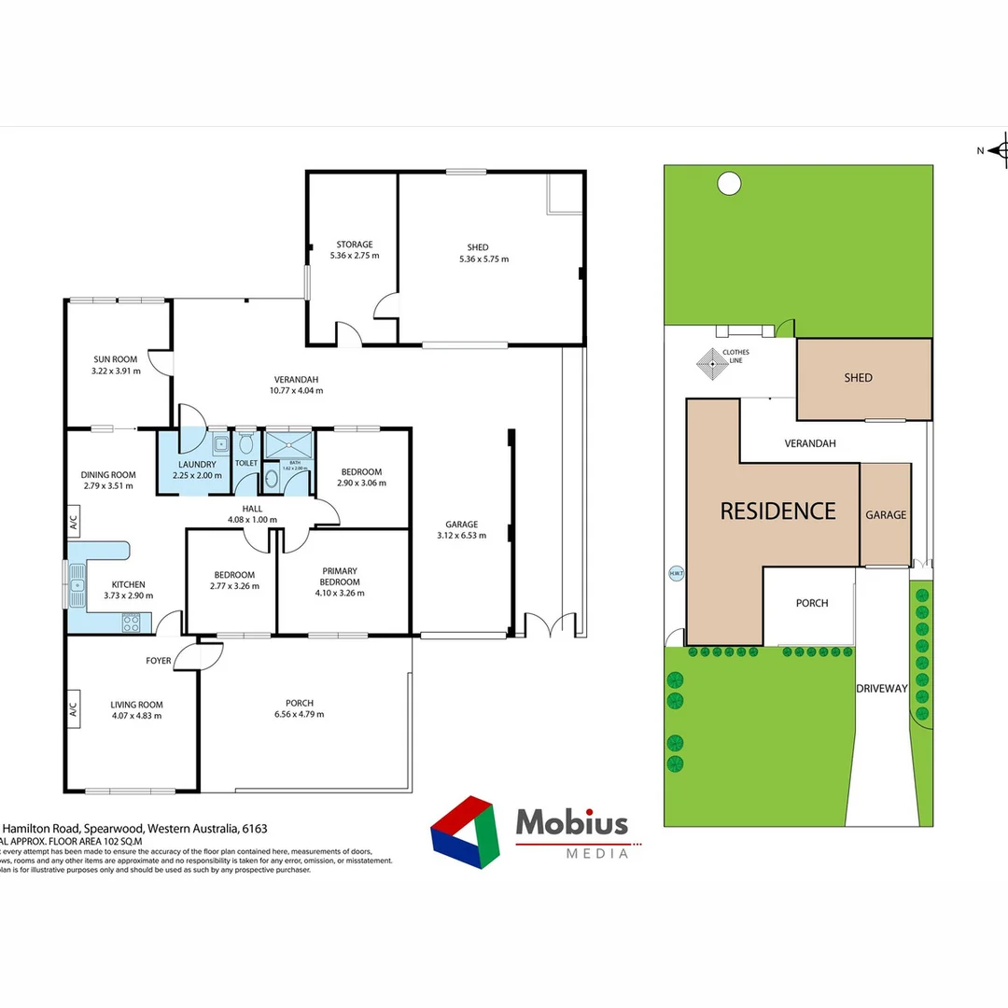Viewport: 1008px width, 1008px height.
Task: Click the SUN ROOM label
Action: coord(116,359)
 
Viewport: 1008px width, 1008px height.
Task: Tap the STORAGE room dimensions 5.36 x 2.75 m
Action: coord(355,255)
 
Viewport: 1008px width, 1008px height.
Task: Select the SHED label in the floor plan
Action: coord(484,247)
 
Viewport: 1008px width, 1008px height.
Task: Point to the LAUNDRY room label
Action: coord(197,464)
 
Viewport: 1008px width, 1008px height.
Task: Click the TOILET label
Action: coord(246,463)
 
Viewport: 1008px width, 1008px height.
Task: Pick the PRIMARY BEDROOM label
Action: coord(340,576)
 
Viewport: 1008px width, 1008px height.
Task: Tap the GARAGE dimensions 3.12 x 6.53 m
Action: coord(457,536)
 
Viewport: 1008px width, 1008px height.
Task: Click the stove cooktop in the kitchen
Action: coord(132,622)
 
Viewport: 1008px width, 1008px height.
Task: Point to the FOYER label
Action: coord(159,661)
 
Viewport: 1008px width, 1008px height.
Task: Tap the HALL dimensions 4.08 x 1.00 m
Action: coord(253,519)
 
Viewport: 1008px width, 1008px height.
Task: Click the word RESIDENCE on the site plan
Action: coord(777,511)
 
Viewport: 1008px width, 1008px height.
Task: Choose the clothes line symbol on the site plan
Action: coord(711,364)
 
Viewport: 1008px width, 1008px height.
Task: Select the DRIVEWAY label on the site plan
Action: coord(882,688)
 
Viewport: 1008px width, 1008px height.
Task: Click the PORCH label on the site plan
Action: coord(812,603)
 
